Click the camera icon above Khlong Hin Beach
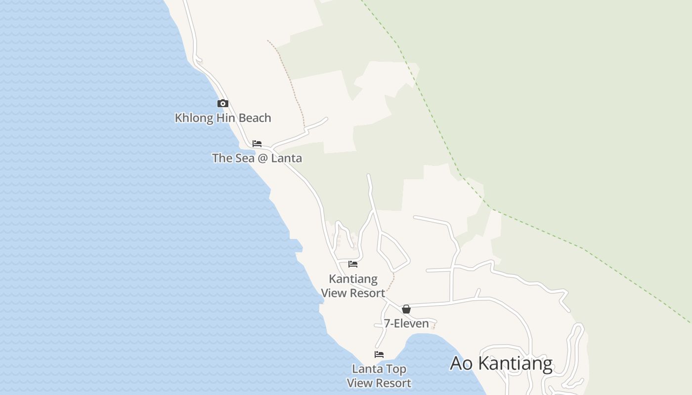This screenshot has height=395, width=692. (223, 103)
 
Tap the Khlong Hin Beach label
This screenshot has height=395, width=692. (223, 118)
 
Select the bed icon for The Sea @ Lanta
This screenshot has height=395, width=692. (257, 144)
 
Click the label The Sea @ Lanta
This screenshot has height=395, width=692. (257, 158)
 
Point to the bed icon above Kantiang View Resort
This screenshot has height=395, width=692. (353, 264)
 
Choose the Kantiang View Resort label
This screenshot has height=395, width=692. (353, 286)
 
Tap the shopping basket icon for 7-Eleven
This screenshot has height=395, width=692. (406, 309)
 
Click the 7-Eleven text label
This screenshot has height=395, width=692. (406, 323)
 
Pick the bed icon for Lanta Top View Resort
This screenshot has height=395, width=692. (379, 355)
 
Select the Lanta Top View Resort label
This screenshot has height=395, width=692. (379, 376)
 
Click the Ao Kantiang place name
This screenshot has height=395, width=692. (501, 363)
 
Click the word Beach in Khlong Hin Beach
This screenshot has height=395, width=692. (255, 118)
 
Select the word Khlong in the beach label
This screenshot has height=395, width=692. (193, 118)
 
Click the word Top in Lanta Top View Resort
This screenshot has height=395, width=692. (396, 369)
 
